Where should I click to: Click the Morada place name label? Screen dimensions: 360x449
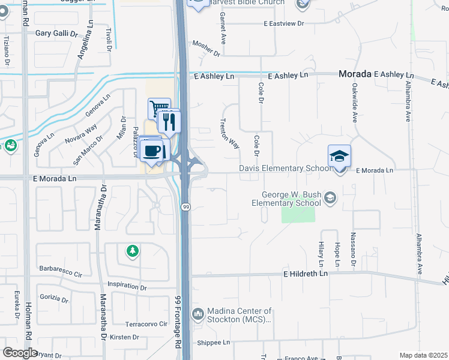pos(354,74)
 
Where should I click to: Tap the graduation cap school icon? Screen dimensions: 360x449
pos(339,157)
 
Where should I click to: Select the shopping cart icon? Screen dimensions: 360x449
pos(159,109)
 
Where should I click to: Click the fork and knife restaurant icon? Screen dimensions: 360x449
pos(169,121)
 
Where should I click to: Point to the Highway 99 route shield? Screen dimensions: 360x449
pos(186,206)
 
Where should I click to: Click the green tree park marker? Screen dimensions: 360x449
pos(132,251)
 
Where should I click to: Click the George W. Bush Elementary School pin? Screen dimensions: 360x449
pos(330,197)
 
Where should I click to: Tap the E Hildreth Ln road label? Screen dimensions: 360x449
pos(306,274)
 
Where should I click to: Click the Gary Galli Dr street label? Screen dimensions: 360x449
pos(57,34)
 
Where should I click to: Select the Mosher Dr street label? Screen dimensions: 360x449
pos(206,49)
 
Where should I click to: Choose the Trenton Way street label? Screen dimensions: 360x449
pos(229,133)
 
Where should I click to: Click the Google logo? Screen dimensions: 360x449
pos(20,352)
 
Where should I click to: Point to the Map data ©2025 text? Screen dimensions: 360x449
pos(423,355)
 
